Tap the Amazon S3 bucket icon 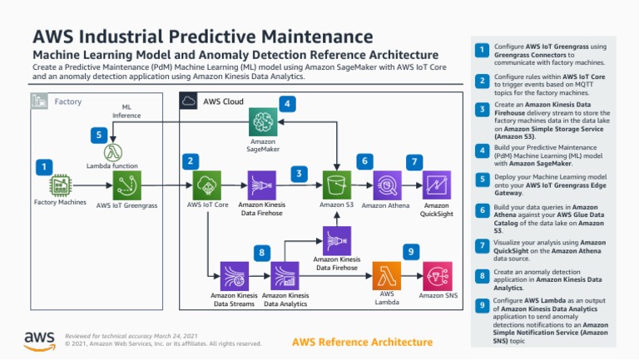click(x=337, y=184)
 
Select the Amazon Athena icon click(x=387, y=184)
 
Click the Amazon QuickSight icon click(x=436, y=184)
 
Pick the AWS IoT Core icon click(x=206, y=184)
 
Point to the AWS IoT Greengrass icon click(x=127, y=185)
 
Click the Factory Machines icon click(x=61, y=185)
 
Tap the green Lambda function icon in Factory click(x=112, y=153)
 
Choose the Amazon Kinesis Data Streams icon click(x=235, y=275)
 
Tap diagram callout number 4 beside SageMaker click(x=287, y=104)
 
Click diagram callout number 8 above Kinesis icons click(x=262, y=251)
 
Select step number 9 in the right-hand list click(x=481, y=307)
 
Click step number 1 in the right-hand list click(x=481, y=52)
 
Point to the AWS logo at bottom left click(x=39, y=339)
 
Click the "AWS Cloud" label click(x=223, y=101)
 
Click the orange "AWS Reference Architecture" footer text click(x=363, y=343)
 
